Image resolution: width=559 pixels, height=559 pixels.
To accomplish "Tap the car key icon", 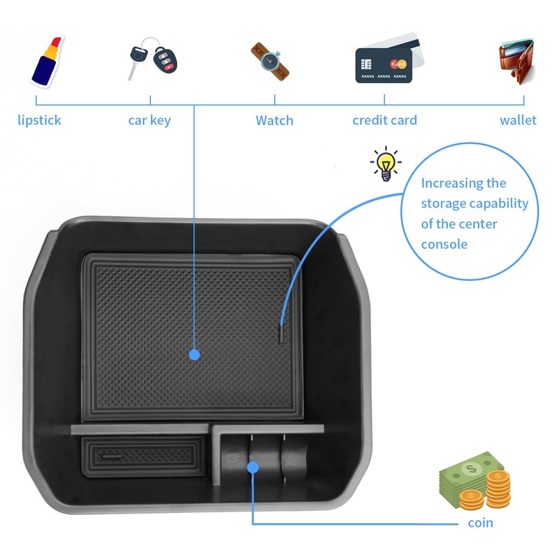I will pos(150,62).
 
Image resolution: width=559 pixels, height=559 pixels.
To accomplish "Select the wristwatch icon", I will pos(270,61).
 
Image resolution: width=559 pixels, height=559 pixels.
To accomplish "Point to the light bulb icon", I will pos(385,164).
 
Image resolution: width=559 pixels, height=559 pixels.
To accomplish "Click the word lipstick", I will pos(39,120).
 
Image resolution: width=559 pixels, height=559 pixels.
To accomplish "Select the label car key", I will pos(149,120).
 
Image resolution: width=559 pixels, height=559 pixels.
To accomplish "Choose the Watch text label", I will pos(274,120).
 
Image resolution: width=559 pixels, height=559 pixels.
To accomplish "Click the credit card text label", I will pos(384,120).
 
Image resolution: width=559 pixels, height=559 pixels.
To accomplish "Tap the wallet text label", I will pos(518,120).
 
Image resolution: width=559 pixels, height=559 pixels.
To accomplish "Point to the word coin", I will pos(480,523).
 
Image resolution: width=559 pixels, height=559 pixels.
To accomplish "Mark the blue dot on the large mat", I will pos(194,355).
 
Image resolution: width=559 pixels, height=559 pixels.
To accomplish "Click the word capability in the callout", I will pos(498,204).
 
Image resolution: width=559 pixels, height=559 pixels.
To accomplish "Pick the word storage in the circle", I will pos(443,204).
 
